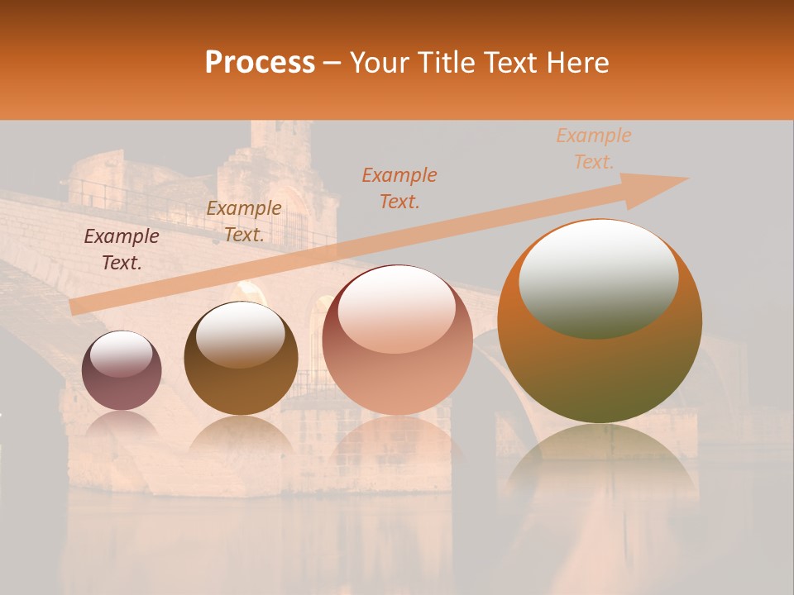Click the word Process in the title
260,63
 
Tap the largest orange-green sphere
600,364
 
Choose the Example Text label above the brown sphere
244,221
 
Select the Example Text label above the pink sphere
399,188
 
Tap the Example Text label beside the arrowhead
594,149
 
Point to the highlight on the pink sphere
396,309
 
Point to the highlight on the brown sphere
240,334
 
